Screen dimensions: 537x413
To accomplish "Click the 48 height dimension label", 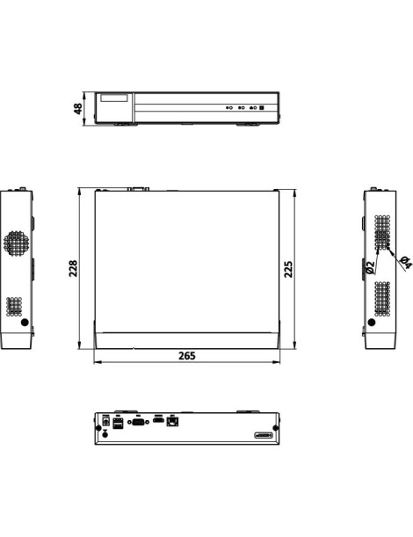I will pos(78,108).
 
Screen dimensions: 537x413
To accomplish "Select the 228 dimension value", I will pos(74,268).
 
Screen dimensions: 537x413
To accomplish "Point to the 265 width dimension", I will pos(186,356).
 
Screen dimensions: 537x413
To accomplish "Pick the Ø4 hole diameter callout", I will pos(404,261).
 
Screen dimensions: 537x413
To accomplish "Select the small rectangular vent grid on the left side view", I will pos(14,306).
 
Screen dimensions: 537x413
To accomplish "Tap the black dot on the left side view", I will pos(25,322).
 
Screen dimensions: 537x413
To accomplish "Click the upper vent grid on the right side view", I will pos(382,232).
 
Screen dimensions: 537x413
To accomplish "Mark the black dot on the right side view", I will pos(373,322).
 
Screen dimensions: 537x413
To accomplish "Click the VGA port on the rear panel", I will pos(137,422).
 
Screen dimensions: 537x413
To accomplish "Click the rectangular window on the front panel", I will pos(115,98).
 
